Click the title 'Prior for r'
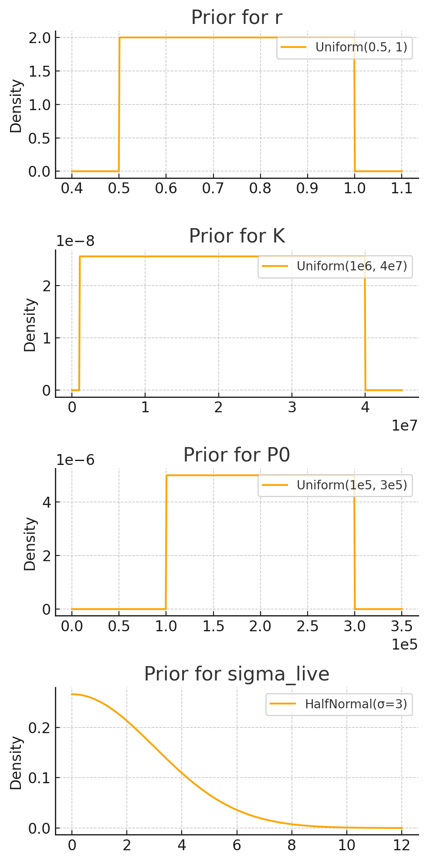pyautogui.click(x=237, y=18)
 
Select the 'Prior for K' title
pyautogui.click(x=237, y=236)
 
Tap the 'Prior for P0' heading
pyautogui.click(x=237, y=455)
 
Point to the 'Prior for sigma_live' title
pyautogui.click(x=237, y=674)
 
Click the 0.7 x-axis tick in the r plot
pyautogui.click(x=213, y=189)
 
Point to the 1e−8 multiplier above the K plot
pyautogui.click(x=75, y=241)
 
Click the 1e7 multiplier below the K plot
pyautogui.click(x=404, y=425)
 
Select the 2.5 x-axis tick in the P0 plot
pyautogui.click(x=308, y=626)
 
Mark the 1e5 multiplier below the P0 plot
pyautogui.click(x=404, y=644)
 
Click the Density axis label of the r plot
pyautogui.click(x=16, y=106)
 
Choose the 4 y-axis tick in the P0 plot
pyautogui.click(x=46, y=502)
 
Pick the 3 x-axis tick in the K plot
pyautogui.click(x=292, y=407)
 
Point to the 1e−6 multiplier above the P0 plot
pyautogui.click(x=75, y=460)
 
